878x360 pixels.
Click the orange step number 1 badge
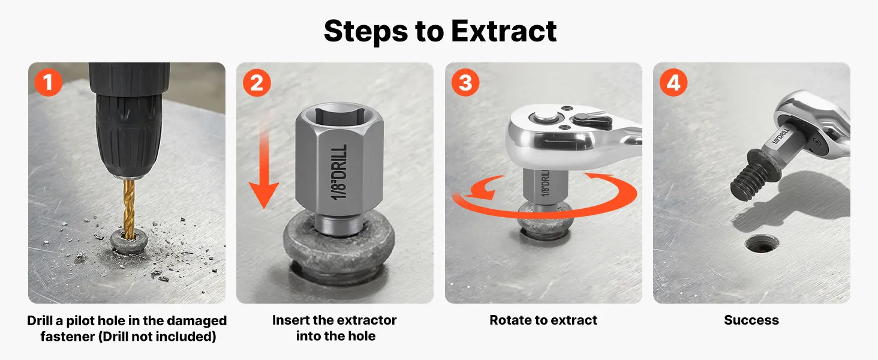pyautogui.click(x=48, y=82)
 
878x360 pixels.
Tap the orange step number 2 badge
pyautogui.click(x=257, y=83)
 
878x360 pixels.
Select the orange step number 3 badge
pyautogui.click(x=465, y=83)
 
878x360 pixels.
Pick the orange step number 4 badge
pyautogui.click(x=673, y=83)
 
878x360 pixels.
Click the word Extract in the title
pyautogui.click(x=504, y=31)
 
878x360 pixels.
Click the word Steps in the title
pyautogui.click(x=366, y=31)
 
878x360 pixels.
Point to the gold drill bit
pyautogui.click(x=130, y=208)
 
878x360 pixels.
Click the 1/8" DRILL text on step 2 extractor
pyautogui.click(x=339, y=172)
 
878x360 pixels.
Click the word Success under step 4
pyautogui.click(x=751, y=320)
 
